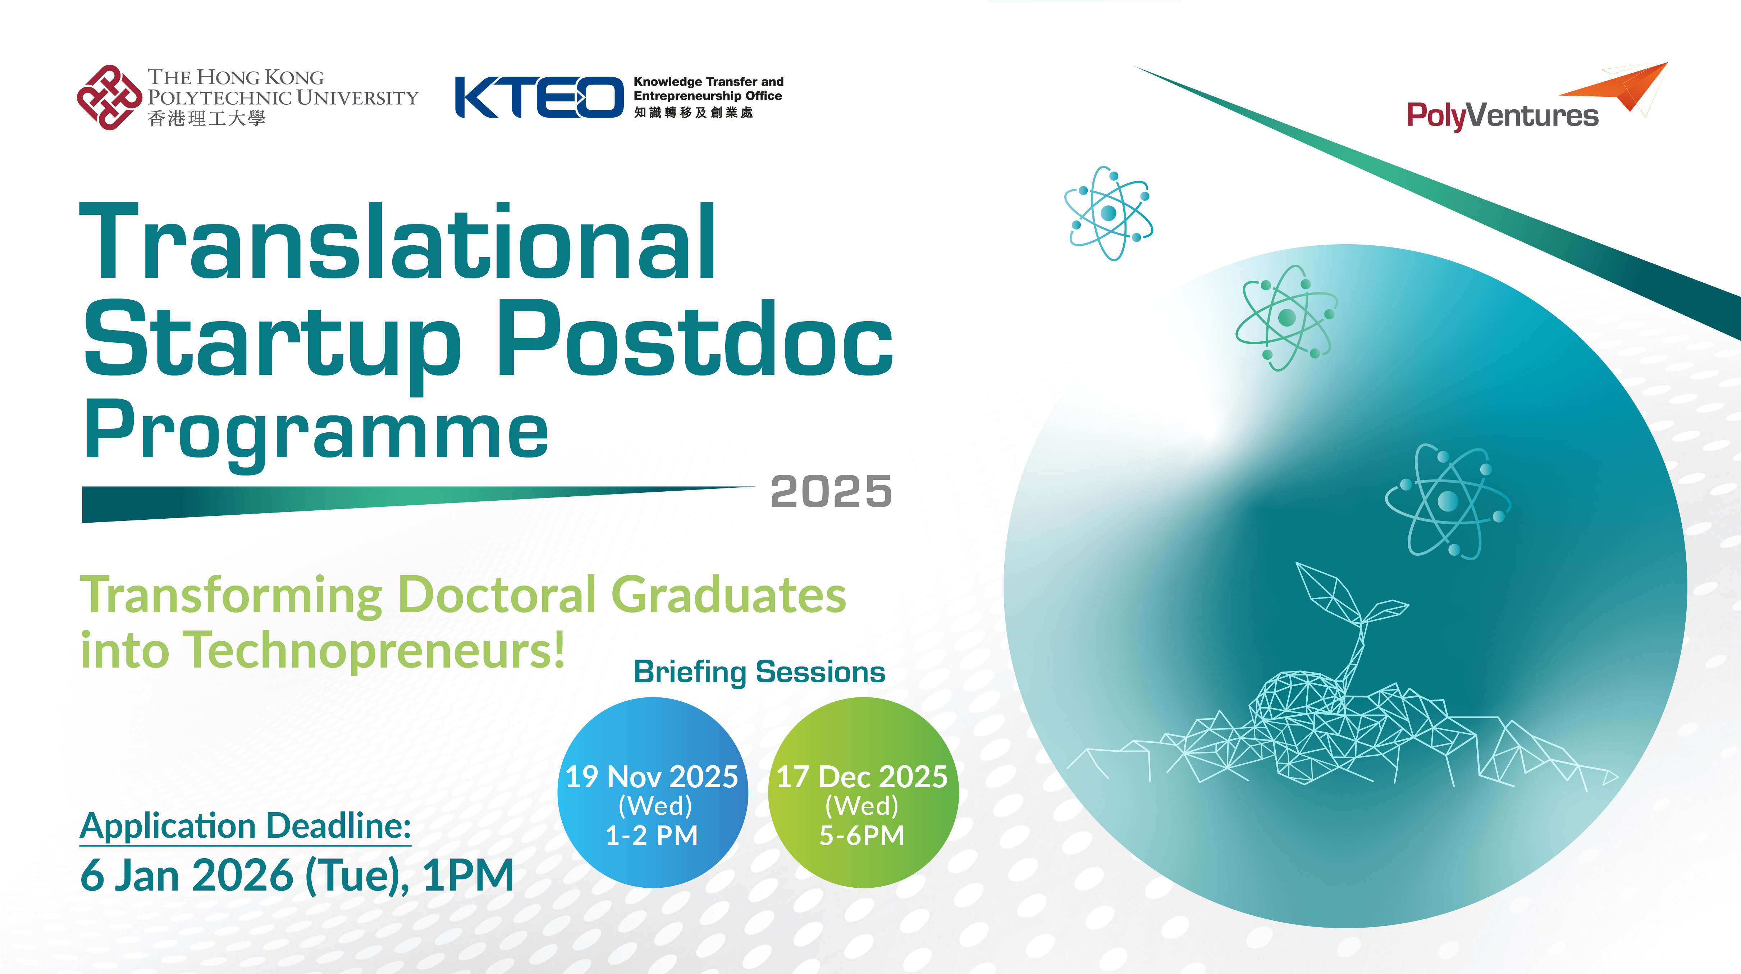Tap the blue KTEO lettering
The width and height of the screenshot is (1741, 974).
(539, 98)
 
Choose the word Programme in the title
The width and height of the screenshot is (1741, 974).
(316, 433)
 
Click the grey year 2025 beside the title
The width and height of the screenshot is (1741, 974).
(831, 491)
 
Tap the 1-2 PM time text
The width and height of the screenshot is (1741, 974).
(652, 836)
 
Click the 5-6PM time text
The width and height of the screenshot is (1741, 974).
(862, 836)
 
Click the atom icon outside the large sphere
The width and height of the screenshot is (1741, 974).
(1109, 213)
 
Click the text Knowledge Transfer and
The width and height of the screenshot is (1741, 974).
(708, 82)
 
